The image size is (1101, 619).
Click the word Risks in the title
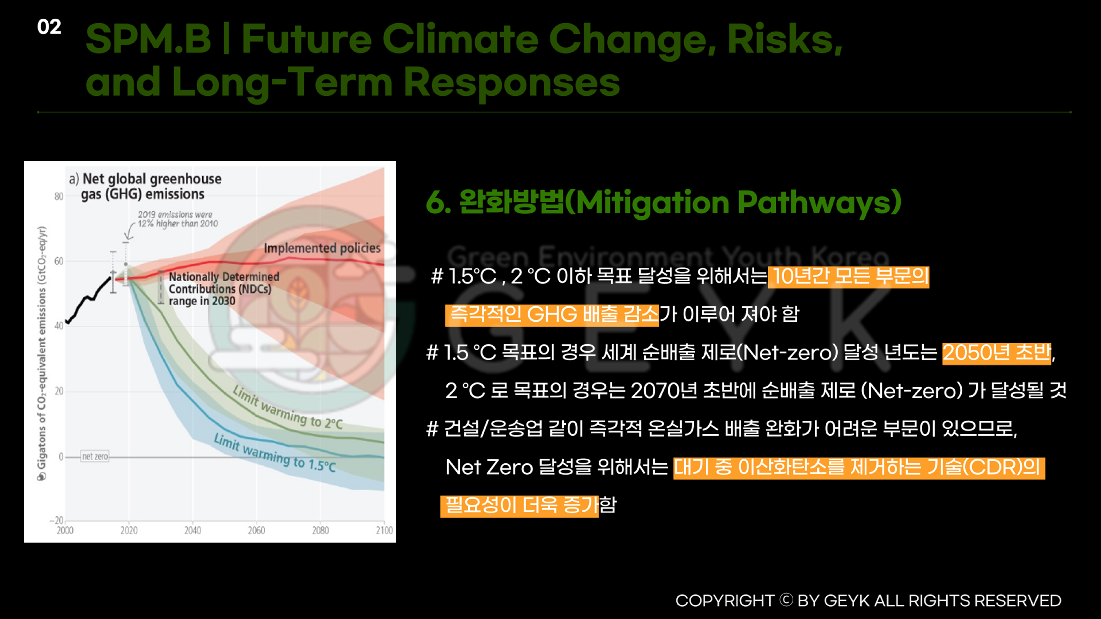point(785,39)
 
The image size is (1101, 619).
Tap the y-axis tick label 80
point(59,196)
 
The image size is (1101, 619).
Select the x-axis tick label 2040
point(193,531)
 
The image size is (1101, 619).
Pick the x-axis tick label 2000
point(65,531)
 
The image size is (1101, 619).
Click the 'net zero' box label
point(95,456)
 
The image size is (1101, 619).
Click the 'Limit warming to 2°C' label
point(288,407)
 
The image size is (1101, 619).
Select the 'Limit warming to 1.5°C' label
point(275,453)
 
